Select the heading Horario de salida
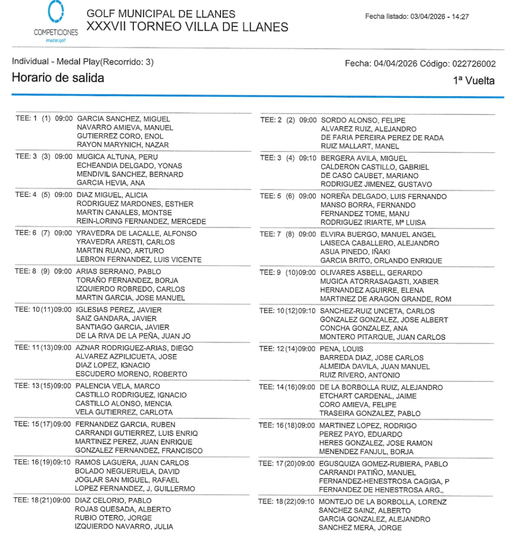[58, 78]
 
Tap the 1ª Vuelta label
[475, 81]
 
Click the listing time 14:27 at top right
[460, 17]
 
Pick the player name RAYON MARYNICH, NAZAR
[123, 145]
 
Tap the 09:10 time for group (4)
[307, 158]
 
